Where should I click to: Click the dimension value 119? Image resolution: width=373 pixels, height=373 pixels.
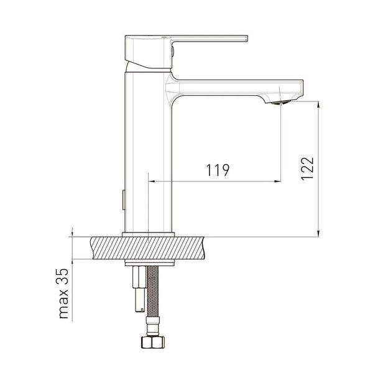(218, 170)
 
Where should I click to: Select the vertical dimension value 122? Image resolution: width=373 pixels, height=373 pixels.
(307, 168)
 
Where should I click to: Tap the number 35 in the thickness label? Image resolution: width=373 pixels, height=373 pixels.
(62, 277)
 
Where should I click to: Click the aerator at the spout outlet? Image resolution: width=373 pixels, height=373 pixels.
(281, 103)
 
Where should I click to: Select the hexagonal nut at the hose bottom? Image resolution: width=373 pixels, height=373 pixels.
(153, 342)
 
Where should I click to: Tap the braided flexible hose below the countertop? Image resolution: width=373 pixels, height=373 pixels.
(153, 291)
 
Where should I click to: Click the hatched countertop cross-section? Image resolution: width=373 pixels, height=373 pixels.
(147, 248)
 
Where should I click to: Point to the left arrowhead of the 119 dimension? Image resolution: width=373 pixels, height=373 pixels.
(151, 182)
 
